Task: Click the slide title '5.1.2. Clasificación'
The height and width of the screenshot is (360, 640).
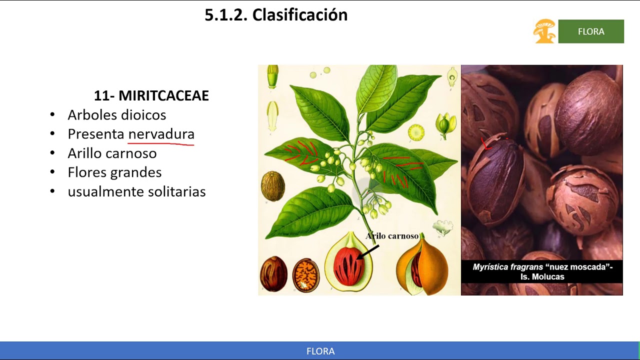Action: [276, 15]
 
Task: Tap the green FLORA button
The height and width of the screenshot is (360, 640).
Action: [591, 31]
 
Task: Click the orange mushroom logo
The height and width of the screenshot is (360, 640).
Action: [544, 31]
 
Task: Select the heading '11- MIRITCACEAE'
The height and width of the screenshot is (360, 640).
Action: [151, 95]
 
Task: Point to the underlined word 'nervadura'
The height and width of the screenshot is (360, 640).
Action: [161, 134]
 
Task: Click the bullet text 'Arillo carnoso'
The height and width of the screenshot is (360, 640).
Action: [112, 153]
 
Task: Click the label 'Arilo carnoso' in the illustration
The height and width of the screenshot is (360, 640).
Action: [391, 236]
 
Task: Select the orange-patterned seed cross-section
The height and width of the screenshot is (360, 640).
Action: [305, 275]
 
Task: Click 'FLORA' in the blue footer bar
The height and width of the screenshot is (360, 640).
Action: [320, 351]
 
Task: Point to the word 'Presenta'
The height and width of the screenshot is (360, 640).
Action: [96, 134]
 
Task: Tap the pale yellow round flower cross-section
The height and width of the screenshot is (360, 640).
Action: [416, 132]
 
